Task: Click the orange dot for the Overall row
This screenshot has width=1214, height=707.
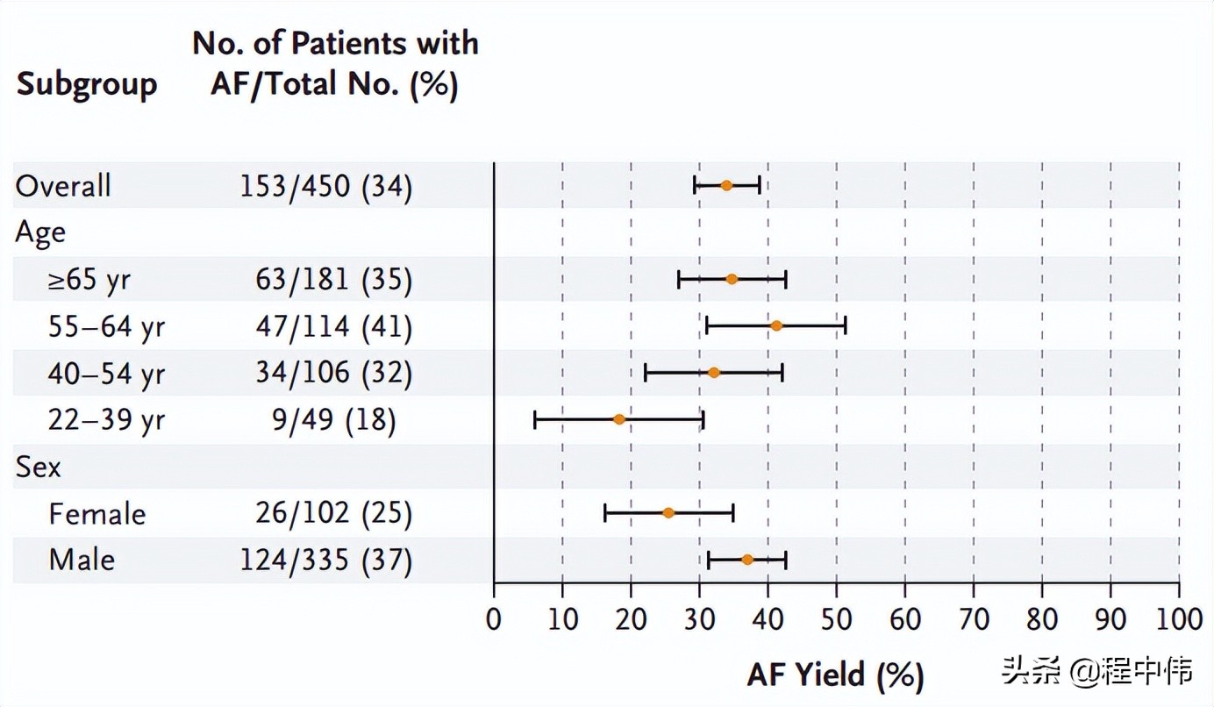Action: click(x=726, y=185)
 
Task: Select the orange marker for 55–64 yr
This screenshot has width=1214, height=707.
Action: click(x=776, y=326)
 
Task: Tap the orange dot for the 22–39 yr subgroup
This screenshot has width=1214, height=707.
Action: click(x=619, y=419)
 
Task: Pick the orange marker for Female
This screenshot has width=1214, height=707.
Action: click(x=668, y=513)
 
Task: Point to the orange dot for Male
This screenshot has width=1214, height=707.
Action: click(x=747, y=560)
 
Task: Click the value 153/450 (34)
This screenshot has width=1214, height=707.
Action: click(x=325, y=187)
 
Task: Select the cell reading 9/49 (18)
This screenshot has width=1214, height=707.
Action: click(x=333, y=421)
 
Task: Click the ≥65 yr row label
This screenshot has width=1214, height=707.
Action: click(x=89, y=281)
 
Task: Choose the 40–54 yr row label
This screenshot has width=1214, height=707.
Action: click(x=106, y=375)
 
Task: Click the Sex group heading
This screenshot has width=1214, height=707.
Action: click(x=39, y=468)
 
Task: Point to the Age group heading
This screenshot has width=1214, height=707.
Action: click(x=40, y=233)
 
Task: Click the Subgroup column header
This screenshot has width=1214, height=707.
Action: click(x=87, y=85)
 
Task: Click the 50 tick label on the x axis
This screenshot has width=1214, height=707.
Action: click(x=836, y=619)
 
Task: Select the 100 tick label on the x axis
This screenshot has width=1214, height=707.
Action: click(x=1177, y=619)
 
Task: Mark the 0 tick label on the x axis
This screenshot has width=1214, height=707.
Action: click(x=494, y=619)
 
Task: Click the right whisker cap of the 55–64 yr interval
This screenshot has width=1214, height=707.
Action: click(x=845, y=326)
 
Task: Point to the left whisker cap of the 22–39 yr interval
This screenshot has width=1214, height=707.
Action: click(x=535, y=419)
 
